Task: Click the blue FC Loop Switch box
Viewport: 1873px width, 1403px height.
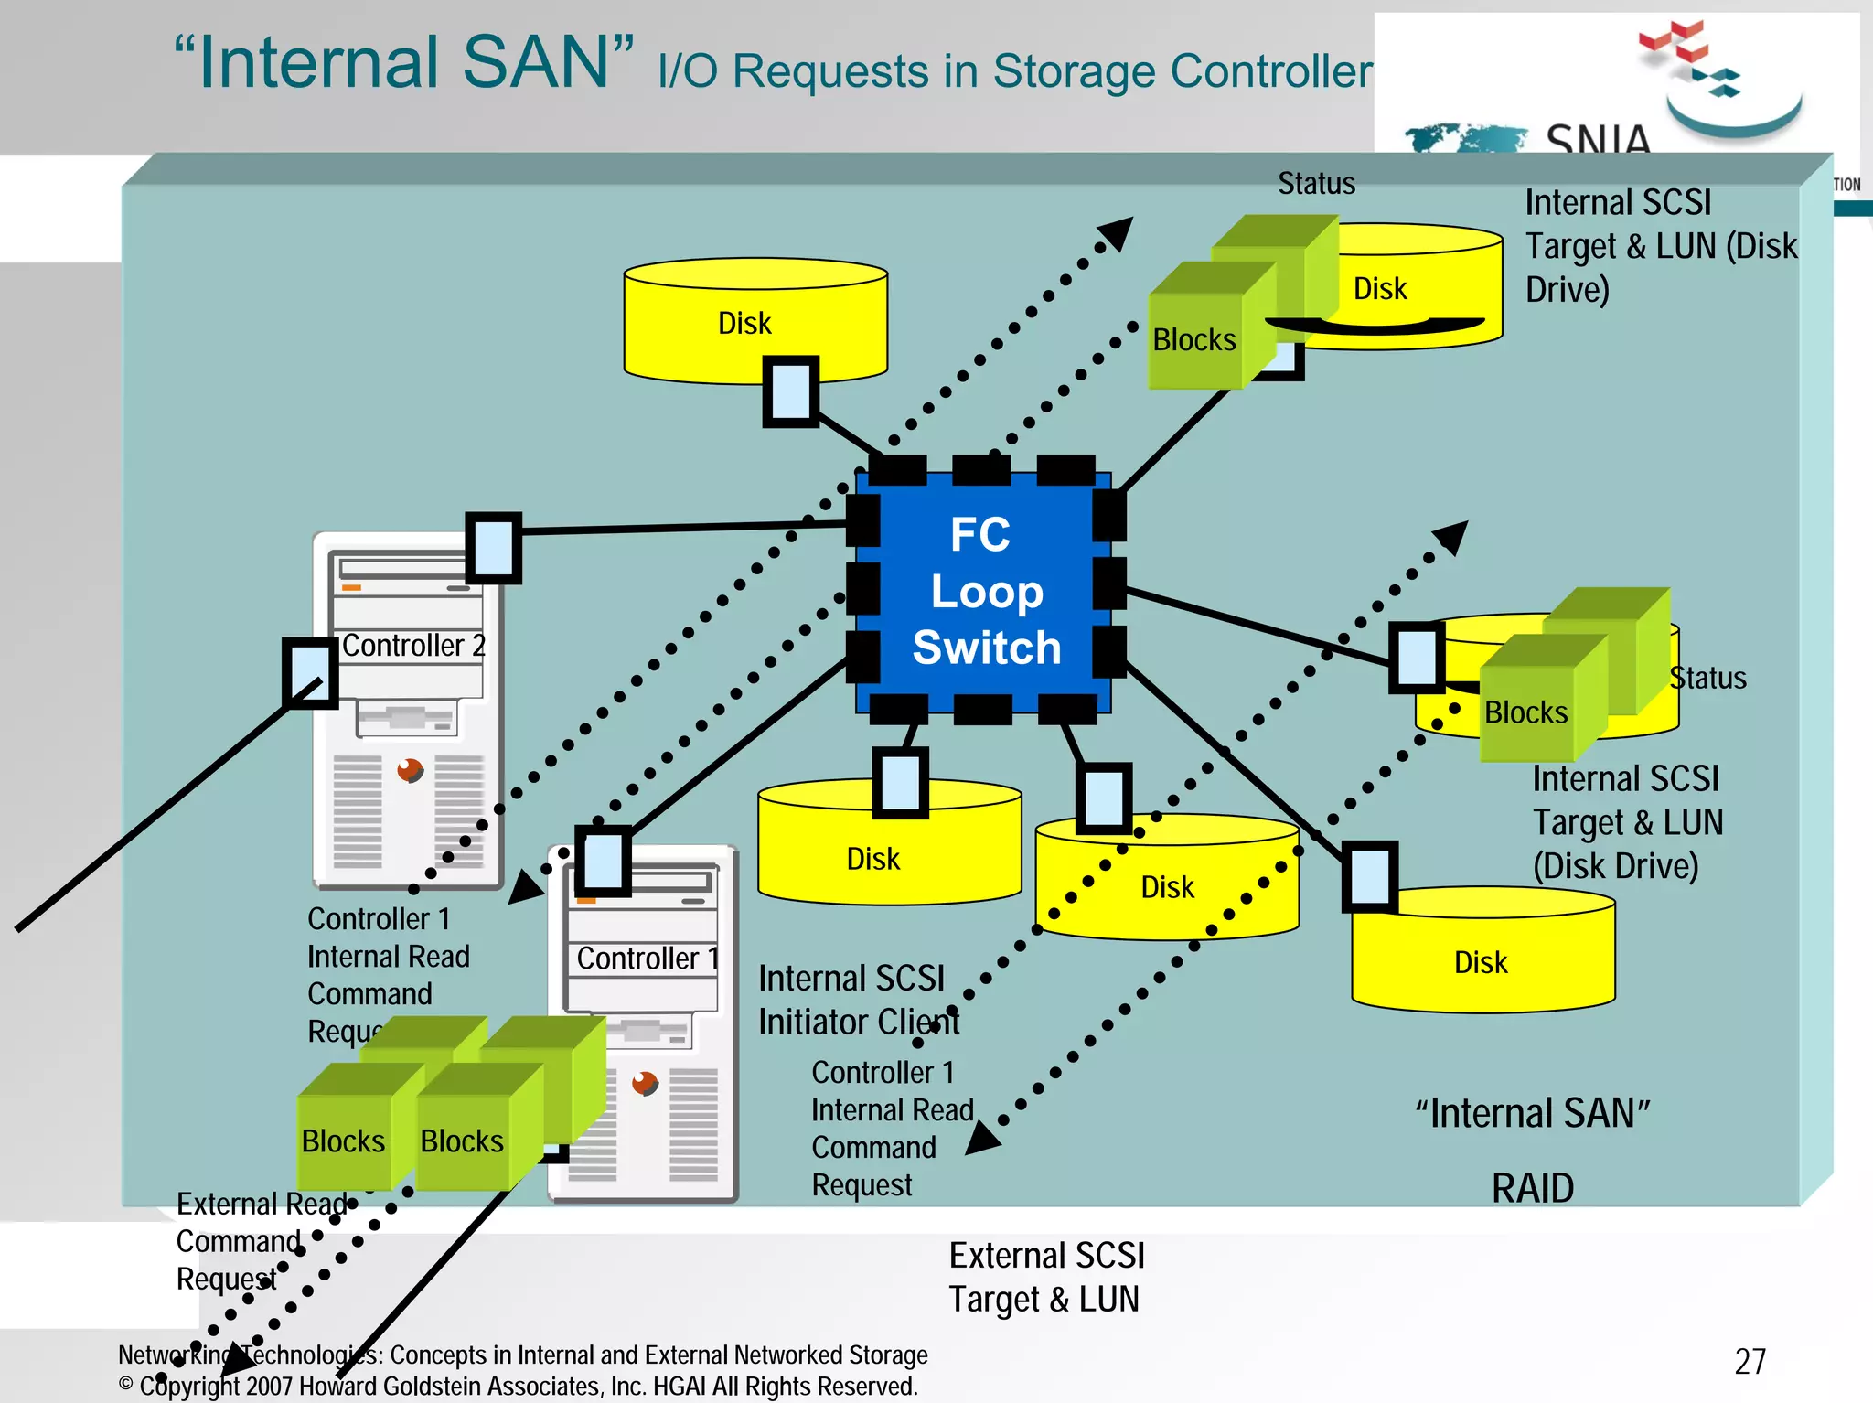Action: pos(984,591)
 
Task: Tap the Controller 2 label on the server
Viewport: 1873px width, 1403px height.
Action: pos(412,646)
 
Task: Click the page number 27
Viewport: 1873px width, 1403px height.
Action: pos(1750,1362)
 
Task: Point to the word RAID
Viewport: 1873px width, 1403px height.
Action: pos(1532,1188)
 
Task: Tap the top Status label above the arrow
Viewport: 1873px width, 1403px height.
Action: pos(1316,184)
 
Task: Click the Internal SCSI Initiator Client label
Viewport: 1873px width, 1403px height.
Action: pos(857,1000)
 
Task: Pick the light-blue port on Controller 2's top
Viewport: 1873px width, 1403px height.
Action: pos(494,547)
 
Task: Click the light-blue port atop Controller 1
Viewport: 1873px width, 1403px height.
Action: pos(603,861)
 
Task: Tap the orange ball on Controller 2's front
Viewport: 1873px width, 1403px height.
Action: pos(410,770)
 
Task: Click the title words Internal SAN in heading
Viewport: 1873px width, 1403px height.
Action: pos(403,62)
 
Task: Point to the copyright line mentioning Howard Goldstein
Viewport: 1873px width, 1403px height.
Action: pos(518,1387)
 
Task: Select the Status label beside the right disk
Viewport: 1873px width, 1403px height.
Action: pos(1707,678)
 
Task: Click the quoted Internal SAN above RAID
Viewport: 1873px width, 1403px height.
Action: pos(1532,1114)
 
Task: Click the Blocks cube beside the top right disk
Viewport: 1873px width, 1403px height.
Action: pos(1193,340)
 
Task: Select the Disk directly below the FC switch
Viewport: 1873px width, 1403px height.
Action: pos(873,858)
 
